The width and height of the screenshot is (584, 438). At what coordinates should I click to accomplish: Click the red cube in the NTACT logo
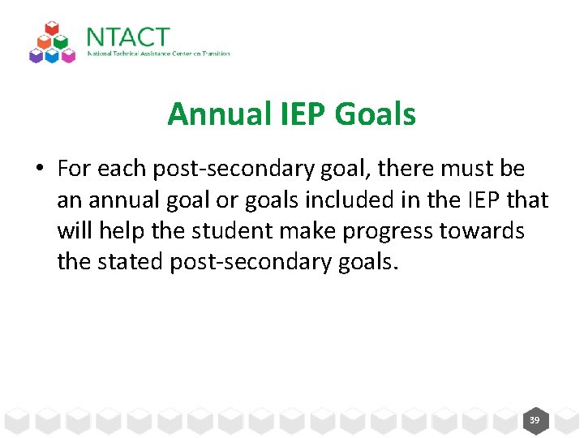pos(52,30)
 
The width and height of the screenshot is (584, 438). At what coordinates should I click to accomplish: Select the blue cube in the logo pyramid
pos(53,54)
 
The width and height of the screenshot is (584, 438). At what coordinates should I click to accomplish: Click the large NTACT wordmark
pos(128,36)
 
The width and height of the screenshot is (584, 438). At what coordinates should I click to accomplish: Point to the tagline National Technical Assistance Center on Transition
pos(158,54)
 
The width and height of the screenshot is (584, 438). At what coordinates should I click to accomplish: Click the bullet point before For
pos(39,170)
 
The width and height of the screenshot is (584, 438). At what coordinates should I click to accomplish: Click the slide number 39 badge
pos(535,420)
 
